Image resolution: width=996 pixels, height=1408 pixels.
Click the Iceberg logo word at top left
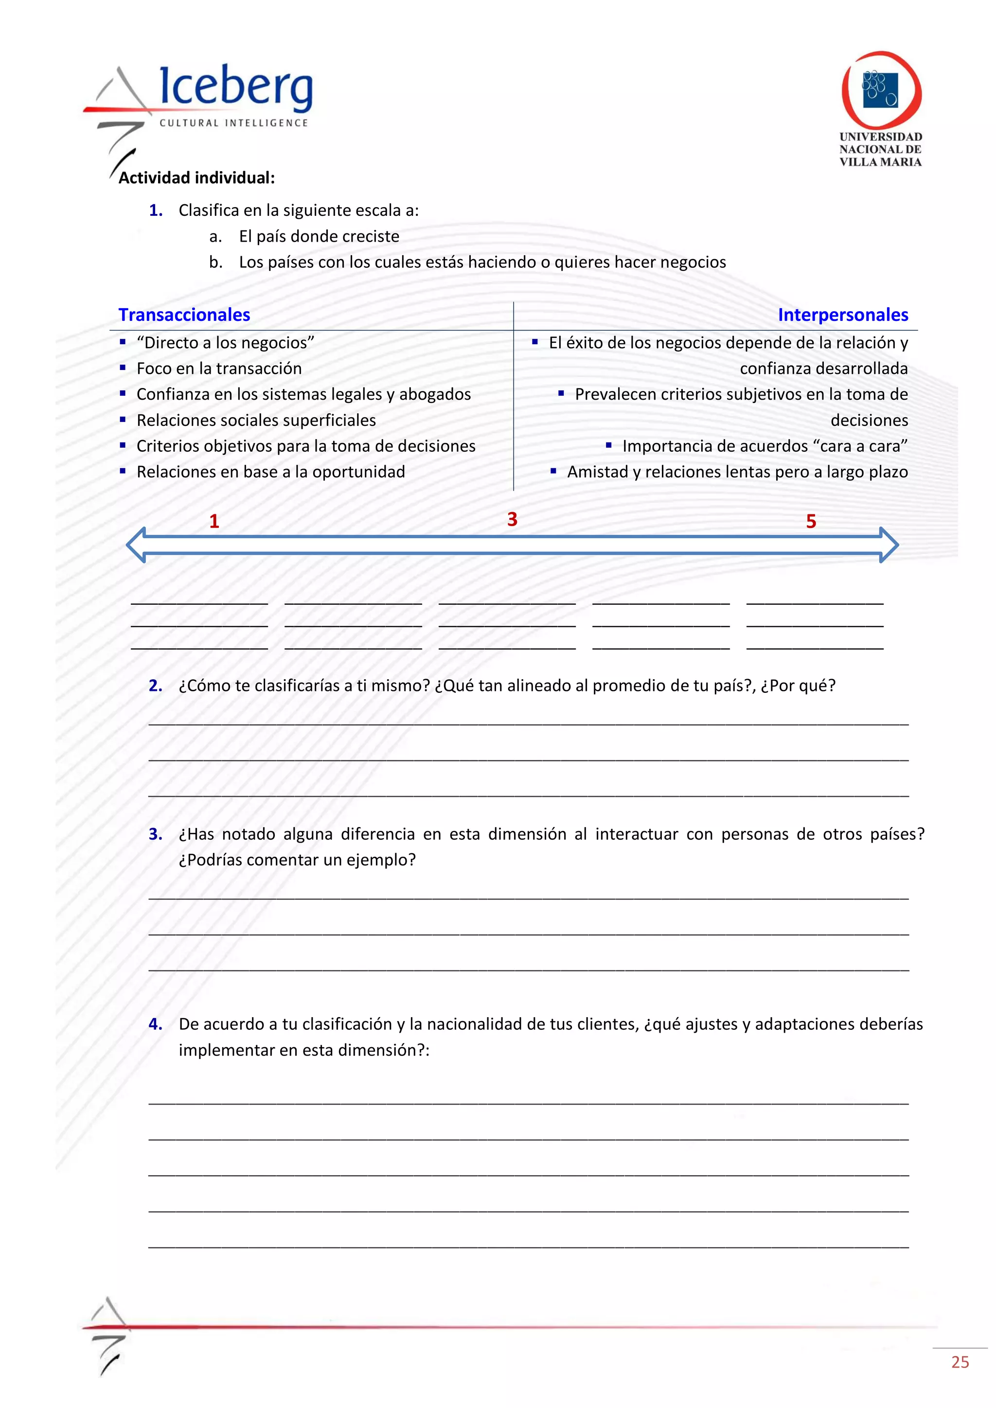coord(236,87)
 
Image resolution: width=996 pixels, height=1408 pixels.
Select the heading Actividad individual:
coord(196,178)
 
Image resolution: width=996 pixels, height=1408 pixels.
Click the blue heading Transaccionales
coord(184,315)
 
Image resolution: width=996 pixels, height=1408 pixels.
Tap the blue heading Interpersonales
coord(843,315)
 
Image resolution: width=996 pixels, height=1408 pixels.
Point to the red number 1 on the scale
coord(214,521)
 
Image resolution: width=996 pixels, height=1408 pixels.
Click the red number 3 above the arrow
coord(512,519)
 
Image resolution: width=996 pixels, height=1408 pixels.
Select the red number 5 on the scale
coord(811,521)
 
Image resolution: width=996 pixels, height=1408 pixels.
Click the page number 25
coord(960,1362)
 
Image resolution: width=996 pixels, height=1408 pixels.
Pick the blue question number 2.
coord(155,686)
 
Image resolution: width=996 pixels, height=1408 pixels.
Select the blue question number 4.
coord(155,1024)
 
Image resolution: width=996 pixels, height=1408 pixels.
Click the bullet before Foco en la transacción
coord(123,368)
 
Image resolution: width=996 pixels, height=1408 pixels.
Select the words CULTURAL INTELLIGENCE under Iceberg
coord(233,123)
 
